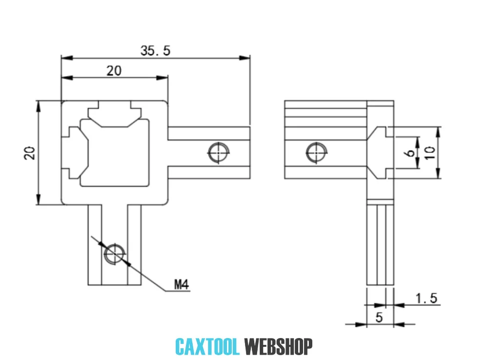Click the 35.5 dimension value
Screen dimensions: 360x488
click(156, 50)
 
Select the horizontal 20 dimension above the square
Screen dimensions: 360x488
click(114, 71)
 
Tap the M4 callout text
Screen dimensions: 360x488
click(181, 284)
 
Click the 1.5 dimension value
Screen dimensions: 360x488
click(427, 298)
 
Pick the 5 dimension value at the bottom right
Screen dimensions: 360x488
click(379, 317)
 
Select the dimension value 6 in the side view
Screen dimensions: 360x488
click(410, 153)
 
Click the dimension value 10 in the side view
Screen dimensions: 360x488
click(429, 153)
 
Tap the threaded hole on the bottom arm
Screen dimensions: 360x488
click(115, 253)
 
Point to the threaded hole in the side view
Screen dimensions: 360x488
click(316, 152)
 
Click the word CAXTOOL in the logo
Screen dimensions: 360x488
click(207, 347)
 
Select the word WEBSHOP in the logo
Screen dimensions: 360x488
click(278, 347)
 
